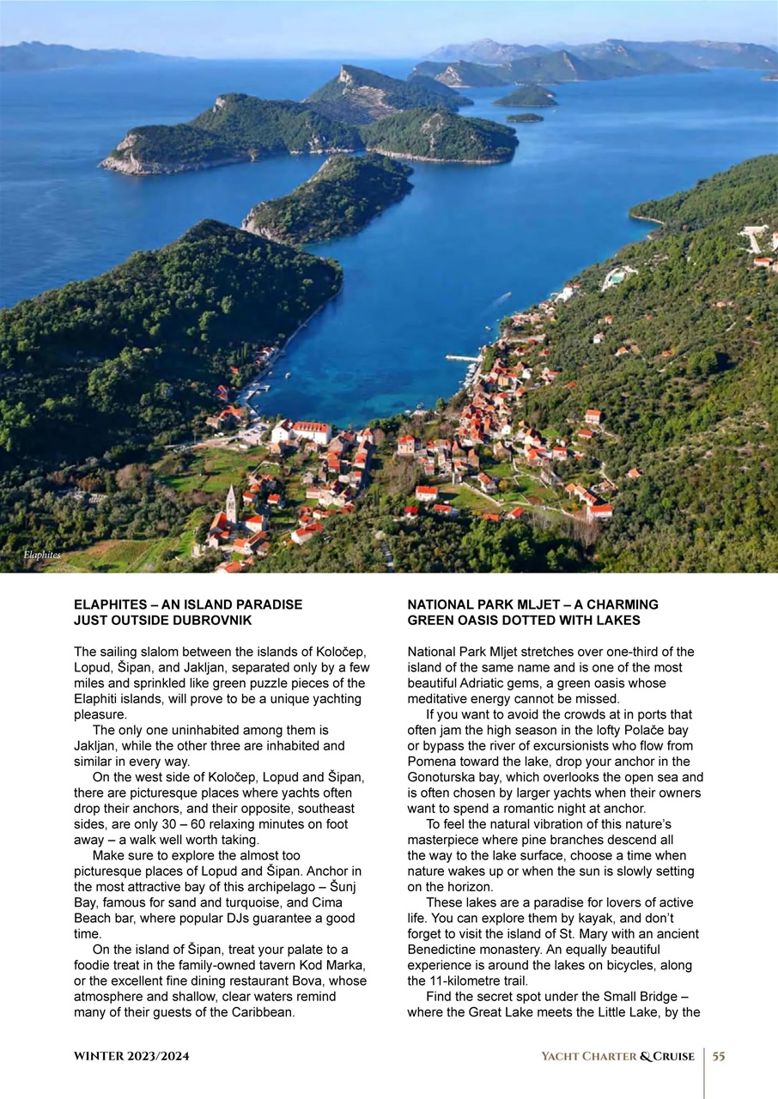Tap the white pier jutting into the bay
coord(463,358)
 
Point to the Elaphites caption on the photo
coord(42,556)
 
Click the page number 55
coord(719,1056)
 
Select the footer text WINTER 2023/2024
coord(131,1056)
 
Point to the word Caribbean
coord(263,1012)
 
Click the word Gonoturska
coord(443,777)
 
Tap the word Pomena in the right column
coord(431,762)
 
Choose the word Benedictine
coord(446,950)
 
